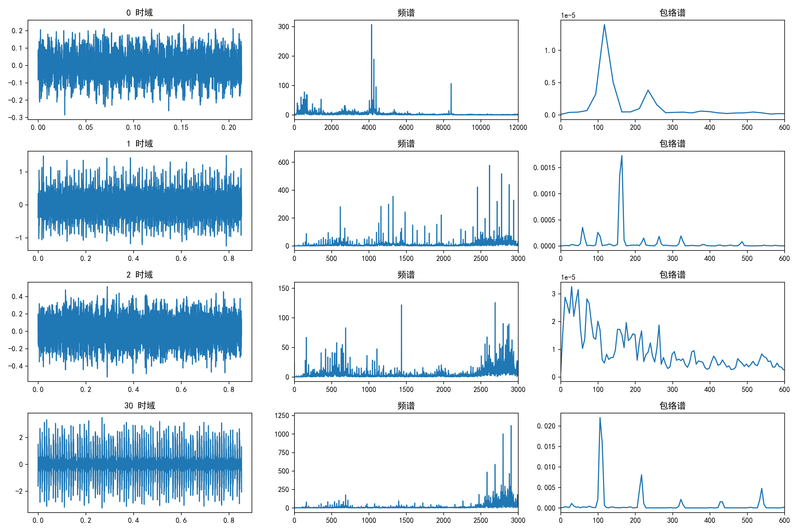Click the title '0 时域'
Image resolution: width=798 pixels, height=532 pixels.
(x=139, y=13)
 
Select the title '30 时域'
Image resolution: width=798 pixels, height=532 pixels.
(x=139, y=405)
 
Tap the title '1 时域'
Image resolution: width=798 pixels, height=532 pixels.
(x=139, y=143)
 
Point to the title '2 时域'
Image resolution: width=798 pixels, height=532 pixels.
(x=139, y=275)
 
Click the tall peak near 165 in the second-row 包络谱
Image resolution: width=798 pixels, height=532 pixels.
(x=622, y=156)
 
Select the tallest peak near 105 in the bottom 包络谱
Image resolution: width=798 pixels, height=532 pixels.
(x=600, y=418)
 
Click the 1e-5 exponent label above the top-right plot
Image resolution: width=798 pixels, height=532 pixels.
(x=568, y=15)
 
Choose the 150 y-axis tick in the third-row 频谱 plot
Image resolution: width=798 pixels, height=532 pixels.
(x=284, y=288)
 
